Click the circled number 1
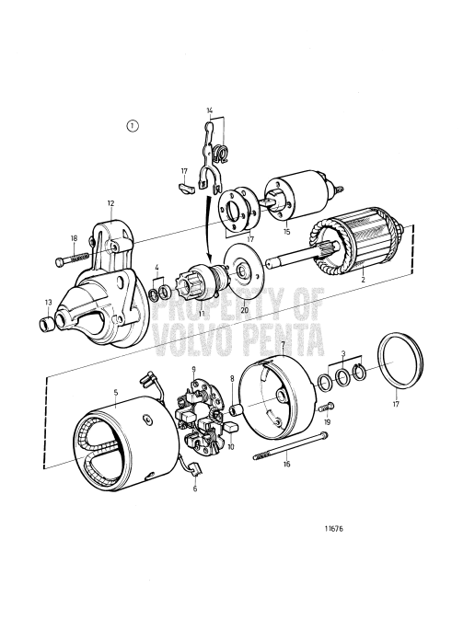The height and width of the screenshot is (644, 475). [x=134, y=126]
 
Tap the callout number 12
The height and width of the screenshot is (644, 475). [x=110, y=202]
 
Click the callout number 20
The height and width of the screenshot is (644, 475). [x=244, y=310]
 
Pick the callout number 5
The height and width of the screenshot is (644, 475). [x=116, y=392]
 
